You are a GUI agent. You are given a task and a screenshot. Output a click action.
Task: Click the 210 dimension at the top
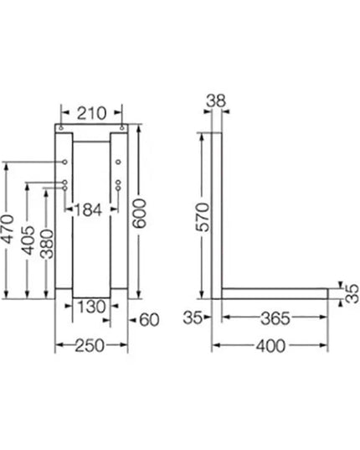pyautogui.click(x=92, y=111)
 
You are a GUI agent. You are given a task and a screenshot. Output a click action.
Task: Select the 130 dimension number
pyautogui.click(x=90, y=308)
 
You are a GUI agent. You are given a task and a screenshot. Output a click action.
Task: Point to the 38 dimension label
pyautogui.click(x=215, y=101)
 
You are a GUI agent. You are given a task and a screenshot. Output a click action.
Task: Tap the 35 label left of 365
pyautogui.click(x=193, y=319)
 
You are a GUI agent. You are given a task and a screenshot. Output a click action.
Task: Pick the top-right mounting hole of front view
pyautogui.click(x=122, y=128)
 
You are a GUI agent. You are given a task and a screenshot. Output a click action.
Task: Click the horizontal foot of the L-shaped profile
pyautogui.click(x=276, y=292)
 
